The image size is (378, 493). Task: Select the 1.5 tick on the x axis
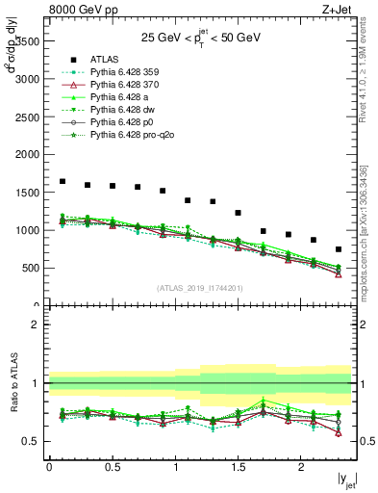point(238,467)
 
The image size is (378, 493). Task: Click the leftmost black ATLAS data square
point(63,181)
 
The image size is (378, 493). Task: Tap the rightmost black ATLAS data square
point(338,248)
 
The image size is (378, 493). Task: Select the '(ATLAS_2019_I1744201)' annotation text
point(200,287)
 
